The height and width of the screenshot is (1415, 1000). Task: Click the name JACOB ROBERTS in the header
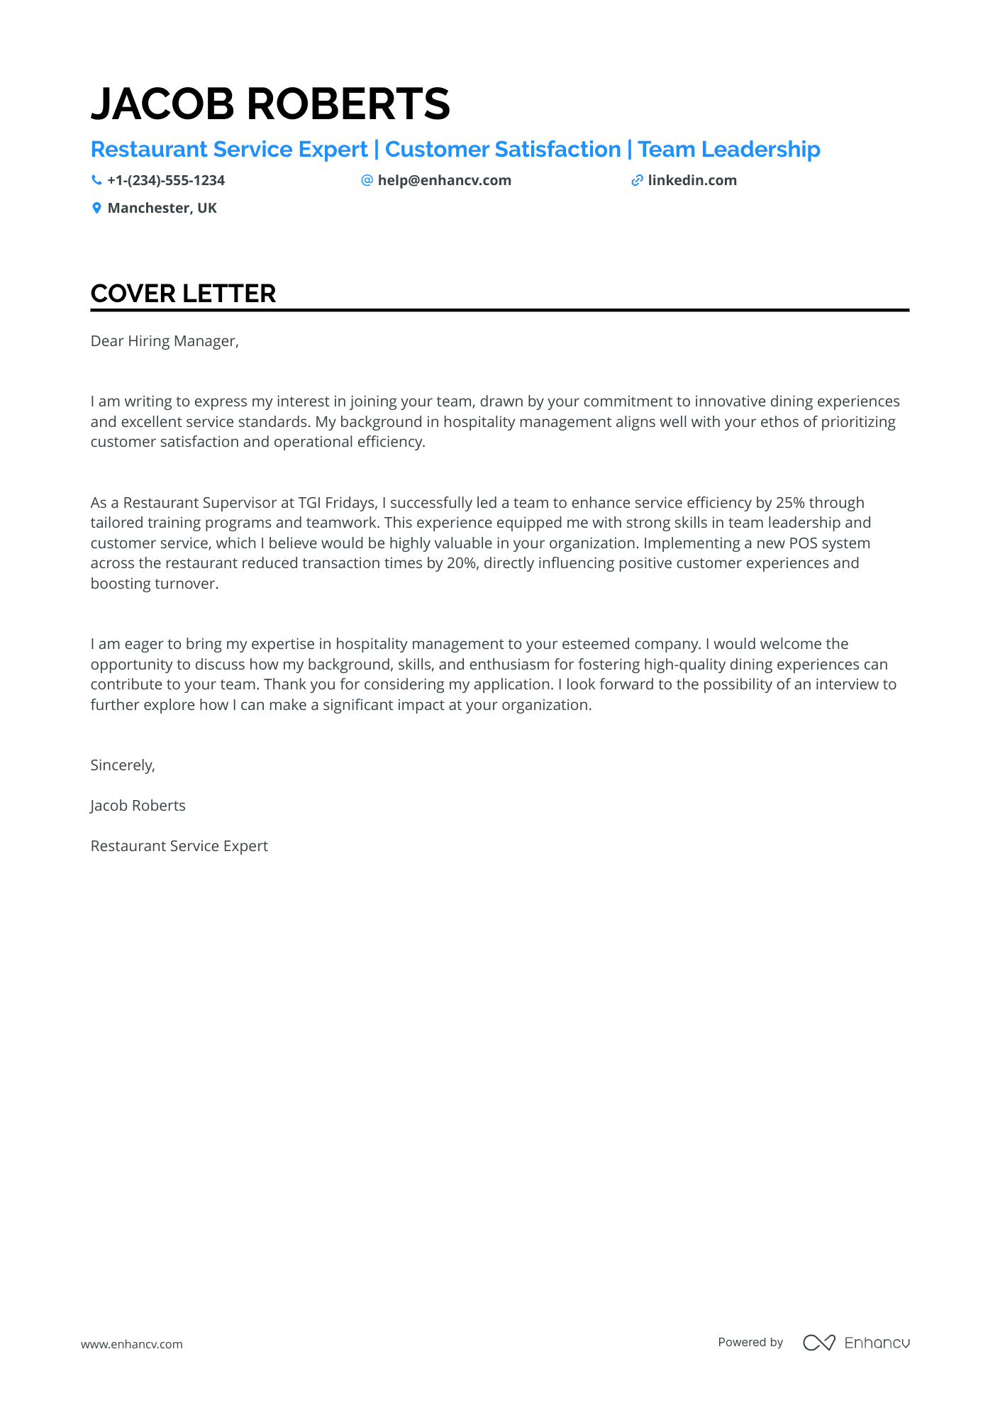(270, 104)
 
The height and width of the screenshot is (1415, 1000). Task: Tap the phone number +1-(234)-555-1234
(166, 181)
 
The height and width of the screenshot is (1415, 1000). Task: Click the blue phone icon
(96, 181)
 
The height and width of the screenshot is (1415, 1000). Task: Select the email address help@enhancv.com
(444, 181)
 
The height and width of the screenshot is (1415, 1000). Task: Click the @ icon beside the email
(367, 181)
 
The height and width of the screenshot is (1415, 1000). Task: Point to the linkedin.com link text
(692, 181)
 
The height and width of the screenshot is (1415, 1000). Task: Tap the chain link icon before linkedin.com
(637, 181)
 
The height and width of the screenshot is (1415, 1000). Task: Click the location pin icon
(96, 209)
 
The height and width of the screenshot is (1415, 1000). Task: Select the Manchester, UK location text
(162, 209)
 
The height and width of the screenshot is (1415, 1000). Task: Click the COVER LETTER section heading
(183, 294)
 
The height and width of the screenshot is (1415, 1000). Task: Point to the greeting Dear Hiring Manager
(165, 341)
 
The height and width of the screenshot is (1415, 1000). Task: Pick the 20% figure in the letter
(461, 563)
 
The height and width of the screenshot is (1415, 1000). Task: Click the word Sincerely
(122, 765)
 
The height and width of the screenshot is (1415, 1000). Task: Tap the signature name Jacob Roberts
(138, 806)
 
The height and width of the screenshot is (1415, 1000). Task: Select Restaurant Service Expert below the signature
(179, 846)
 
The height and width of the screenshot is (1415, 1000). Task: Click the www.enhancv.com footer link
(131, 1344)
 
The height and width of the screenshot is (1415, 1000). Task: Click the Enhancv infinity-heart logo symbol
(818, 1343)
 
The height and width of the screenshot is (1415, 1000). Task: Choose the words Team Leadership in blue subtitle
(728, 150)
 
